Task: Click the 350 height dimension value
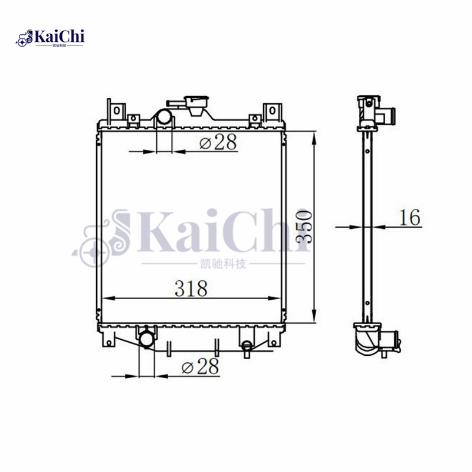pos(304,227)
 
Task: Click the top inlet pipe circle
pos(163,118)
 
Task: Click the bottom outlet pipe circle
pos(146,339)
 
